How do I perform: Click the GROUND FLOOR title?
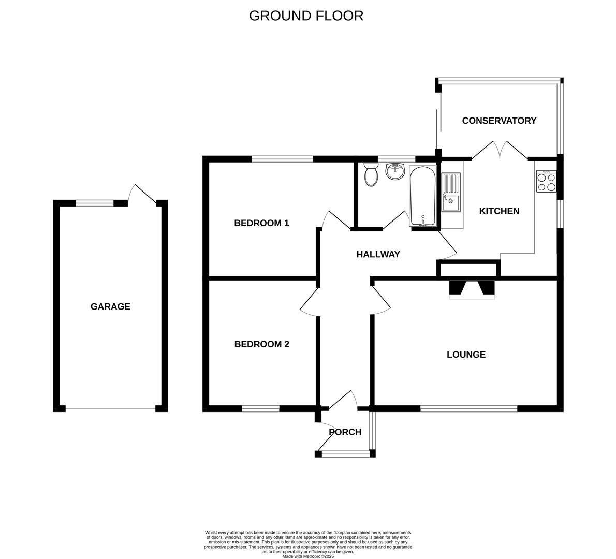point(306,16)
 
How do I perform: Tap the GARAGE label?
point(110,306)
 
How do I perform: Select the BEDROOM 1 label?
point(261,223)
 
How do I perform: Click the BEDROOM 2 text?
point(261,344)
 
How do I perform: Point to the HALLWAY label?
point(378,254)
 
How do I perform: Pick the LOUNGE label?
point(466,355)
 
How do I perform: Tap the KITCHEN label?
point(499,211)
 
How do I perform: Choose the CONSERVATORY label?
point(499,121)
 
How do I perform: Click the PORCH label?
point(345,432)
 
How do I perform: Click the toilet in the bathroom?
point(371,175)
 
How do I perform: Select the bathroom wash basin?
point(395,171)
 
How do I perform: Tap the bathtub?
point(423,196)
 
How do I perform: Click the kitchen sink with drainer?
point(451,193)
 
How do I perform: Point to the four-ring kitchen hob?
point(546,181)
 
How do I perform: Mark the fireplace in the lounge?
point(472,288)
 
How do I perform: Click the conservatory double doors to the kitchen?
point(500,150)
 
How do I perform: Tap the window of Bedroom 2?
point(260,409)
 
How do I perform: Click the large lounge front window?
point(468,409)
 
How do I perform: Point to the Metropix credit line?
point(308,556)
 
